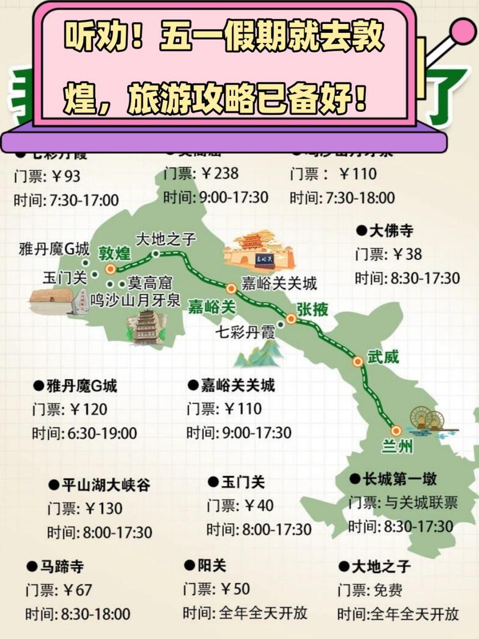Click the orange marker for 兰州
point(395,430)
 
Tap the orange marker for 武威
point(357,361)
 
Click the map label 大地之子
point(166,239)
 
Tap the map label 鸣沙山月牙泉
point(135,299)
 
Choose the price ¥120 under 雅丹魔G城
point(87,409)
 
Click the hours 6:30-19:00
point(101,432)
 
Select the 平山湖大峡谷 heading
point(107,484)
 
